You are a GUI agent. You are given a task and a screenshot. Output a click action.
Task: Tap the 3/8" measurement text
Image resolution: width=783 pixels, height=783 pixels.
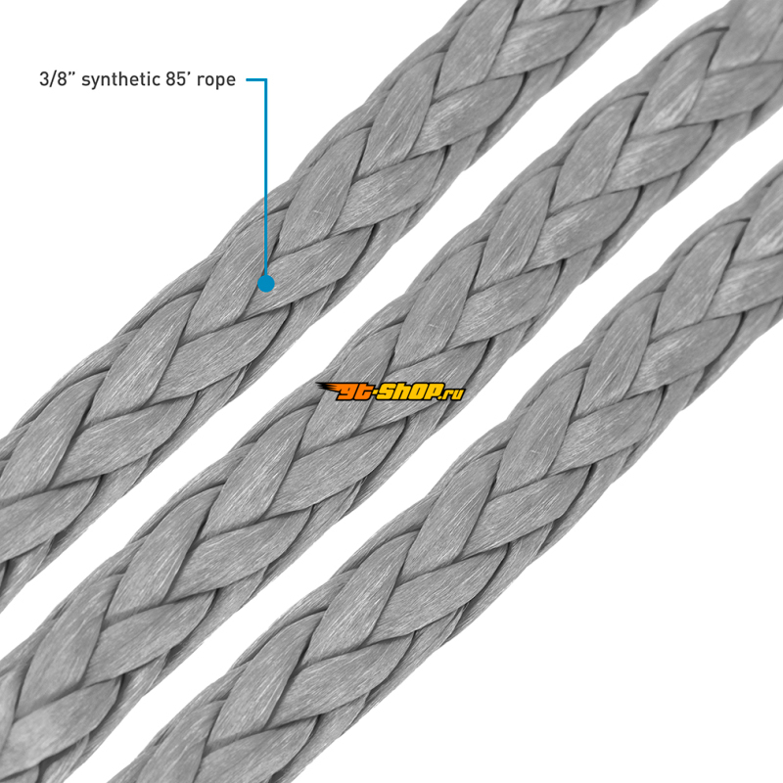[x=57, y=79]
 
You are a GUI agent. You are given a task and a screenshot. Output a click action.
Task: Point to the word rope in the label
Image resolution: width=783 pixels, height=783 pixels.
[x=215, y=81]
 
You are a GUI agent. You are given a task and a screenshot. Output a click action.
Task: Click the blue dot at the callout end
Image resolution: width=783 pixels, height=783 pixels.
[x=266, y=284]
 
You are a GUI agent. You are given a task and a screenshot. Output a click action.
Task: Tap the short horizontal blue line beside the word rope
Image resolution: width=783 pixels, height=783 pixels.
[x=256, y=79]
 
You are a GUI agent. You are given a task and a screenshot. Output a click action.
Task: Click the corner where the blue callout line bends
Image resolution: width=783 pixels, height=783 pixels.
[x=265, y=79]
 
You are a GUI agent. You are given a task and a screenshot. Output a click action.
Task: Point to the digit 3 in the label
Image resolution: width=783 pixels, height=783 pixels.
[x=43, y=79]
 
